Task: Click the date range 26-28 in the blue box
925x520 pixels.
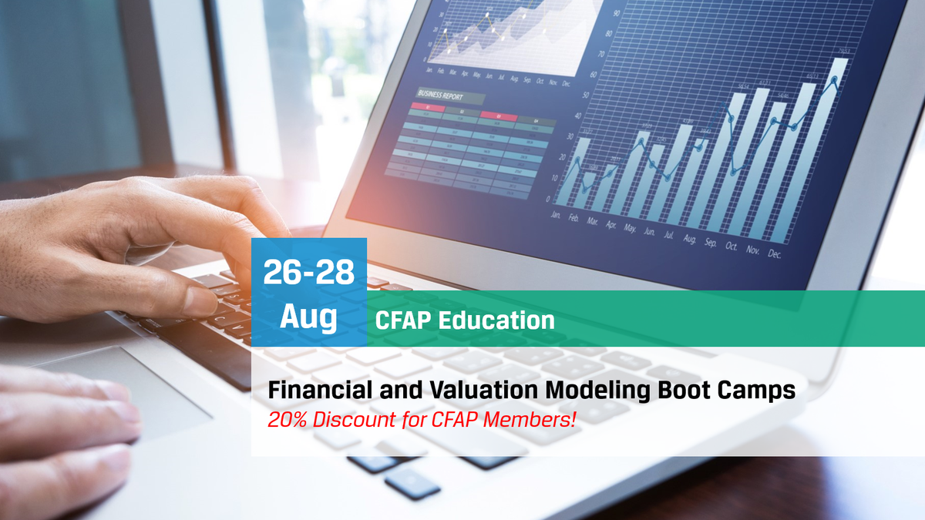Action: (x=308, y=273)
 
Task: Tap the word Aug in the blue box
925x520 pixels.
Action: (x=308, y=317)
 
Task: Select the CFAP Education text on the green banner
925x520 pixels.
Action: (x=465, y=320)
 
